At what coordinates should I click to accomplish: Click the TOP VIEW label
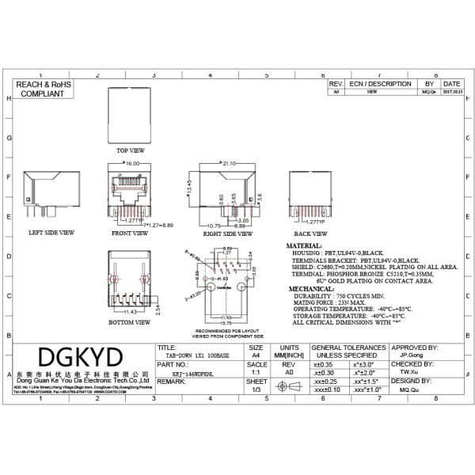131,150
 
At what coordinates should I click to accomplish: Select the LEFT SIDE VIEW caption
51,233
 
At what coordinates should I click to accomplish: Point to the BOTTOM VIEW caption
131,322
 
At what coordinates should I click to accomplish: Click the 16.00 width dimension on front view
131,163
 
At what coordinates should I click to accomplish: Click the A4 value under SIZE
256,355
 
